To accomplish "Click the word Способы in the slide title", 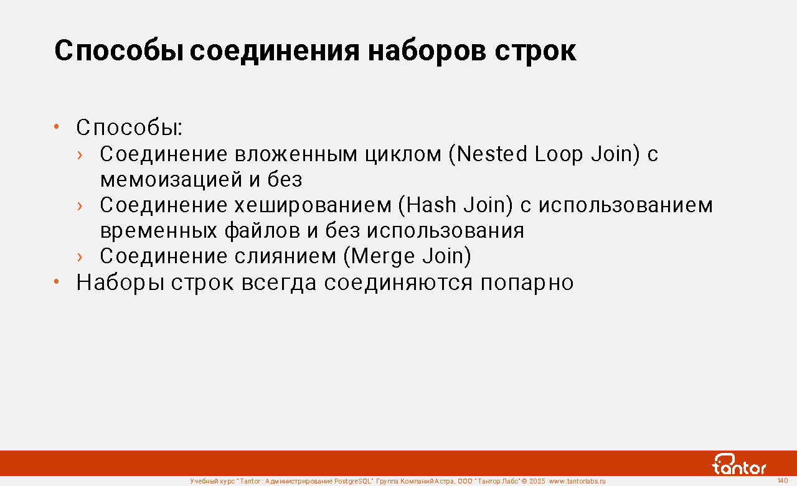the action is [x=119, y=51].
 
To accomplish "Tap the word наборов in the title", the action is [x=427, y=51].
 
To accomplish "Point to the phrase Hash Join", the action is [x=456, y=205].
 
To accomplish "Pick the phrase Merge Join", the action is [x=407, y=256].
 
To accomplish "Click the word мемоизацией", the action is [x=171, y=180].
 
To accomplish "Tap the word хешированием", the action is [x=313, y=206].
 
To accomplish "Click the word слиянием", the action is [x=285, y=256].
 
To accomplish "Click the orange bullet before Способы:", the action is [x=56, y=126].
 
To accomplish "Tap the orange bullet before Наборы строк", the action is [x=56, y=282].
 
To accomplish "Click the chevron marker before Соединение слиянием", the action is [x=80, y=257].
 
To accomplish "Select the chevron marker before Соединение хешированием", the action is [x=80, y=206].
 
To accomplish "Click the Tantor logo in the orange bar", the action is [x=738, y=464].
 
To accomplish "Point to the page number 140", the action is [x=783, y=480].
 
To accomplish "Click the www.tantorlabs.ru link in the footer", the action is [x=577, y=481].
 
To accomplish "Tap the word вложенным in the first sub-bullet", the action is [x=296, y=155].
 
